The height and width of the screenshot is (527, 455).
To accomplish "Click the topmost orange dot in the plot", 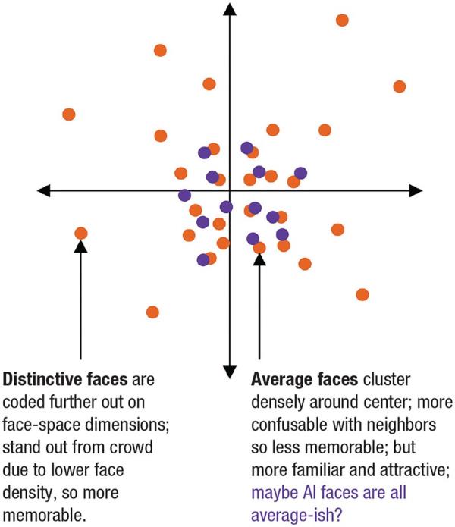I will point(342,20).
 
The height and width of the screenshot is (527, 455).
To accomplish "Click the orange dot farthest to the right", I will point(400,86).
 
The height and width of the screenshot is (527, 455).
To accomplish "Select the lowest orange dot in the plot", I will point(152,312).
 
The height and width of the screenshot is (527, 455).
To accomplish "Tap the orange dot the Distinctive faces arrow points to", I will point(81,234).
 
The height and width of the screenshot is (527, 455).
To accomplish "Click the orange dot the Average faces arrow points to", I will point(259,247).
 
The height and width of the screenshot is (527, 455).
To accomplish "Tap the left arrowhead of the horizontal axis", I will point(44,190).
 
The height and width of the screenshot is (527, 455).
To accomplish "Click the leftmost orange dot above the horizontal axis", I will point(69,114).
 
